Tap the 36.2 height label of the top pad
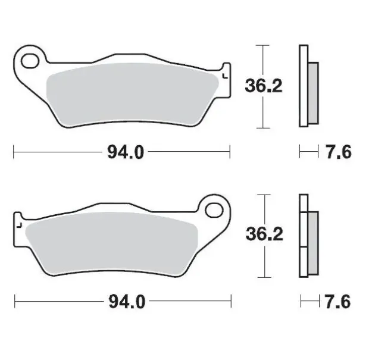coord(264,86)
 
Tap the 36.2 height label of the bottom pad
coord(264,234)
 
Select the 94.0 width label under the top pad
coord(126,153)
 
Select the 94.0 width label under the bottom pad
coord(126,302)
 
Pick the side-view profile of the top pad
coord(307,86)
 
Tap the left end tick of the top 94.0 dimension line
coord(13,153)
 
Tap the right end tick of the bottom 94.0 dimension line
coord(231,302)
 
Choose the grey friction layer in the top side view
coord(313,86)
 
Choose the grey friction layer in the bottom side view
coord(314,236)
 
